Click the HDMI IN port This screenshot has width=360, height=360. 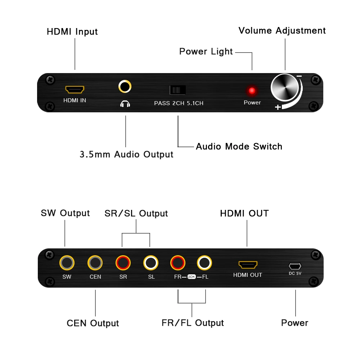tap(75, 89)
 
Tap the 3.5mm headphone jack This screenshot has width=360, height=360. tap(125, 86)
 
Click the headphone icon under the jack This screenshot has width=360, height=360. tap(125, 104)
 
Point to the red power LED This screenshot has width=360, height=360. tap(252, 91)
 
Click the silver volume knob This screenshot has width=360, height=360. tap(285, 87)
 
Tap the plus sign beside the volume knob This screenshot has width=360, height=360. tap(278, 107)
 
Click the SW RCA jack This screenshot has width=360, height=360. tap(67, 263)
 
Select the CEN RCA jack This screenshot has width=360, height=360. tap(95, 263)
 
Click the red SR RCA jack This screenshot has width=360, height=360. tap(123, 263)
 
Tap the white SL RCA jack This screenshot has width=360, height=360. tap(151, 263)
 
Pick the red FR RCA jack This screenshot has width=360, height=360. tap(178, 263)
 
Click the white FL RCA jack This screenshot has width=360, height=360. tap(205, 263)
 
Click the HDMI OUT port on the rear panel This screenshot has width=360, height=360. tap(248, 265)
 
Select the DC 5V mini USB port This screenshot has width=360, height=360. tap(295, 266)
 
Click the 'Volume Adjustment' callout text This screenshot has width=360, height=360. tap(282, 31)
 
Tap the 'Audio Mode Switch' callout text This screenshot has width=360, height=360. tap(239, 147)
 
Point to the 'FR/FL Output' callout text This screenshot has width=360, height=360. tap(193, 323)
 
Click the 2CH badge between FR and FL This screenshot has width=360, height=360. tap(192, 277)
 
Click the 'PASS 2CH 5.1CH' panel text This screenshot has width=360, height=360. tap(179, 103)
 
